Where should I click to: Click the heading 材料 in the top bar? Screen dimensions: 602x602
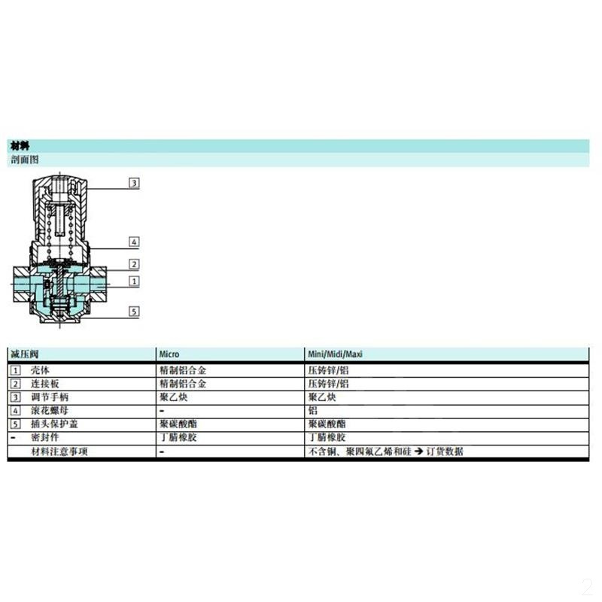[20, 146]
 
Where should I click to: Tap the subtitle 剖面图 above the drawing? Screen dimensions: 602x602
[24, 160]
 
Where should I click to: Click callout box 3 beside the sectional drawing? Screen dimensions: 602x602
[134, 183]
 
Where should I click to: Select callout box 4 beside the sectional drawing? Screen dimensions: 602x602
[134, 242]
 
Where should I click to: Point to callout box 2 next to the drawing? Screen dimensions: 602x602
[134, 264]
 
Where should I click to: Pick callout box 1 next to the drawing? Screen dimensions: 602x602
[134, 281]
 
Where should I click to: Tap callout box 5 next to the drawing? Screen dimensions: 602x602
[134, 311]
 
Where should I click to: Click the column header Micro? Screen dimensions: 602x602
[169, 354]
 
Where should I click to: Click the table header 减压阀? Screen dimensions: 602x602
[24, 354]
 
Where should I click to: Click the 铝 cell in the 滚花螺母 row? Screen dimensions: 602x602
[312, 411]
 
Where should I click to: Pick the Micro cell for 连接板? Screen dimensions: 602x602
[183, 384]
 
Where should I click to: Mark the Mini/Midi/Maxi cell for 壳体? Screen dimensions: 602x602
[329, 370]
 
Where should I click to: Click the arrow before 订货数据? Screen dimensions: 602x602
[416, 451]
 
